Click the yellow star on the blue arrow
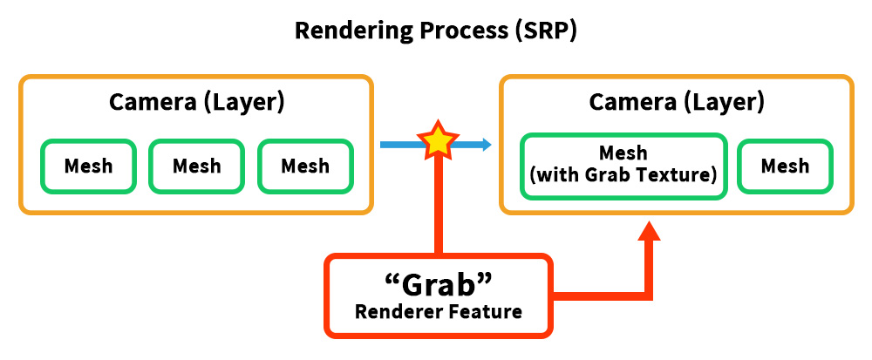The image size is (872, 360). (x=439, y=140)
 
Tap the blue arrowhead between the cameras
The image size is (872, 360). (x=487, y=145)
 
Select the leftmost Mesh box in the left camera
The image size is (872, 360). (x=88, y=166)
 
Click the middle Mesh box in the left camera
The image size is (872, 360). (x=196, y=166)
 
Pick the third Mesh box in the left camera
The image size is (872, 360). (x=304, y=166)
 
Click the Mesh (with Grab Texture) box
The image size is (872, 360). (x=623, y=166)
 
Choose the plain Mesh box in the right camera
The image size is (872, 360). (x=786, y=166)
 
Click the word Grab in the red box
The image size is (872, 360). (x=439, y=286)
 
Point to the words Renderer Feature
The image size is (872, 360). (x=439, y=312)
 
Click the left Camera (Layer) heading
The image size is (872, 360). (x=196, y=103)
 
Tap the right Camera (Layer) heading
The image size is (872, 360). (x=677, y=103)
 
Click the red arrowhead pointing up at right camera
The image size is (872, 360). (x=649, y=231)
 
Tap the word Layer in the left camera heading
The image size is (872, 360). (x=245, y=103)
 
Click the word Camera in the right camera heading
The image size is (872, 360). (x=630, y=103)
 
